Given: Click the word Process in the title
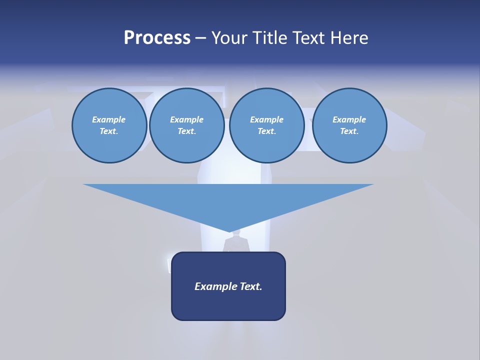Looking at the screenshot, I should (x=157, y=38).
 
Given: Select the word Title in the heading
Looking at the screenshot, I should (x=270, y=38).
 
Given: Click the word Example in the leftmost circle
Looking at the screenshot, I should (x=109, y=119).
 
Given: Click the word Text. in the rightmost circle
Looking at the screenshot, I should (x=349, y=131).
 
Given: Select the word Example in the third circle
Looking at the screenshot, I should (x=267, y=119).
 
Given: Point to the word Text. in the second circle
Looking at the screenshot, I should (x=187, y=131).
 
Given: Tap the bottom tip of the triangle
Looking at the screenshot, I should (x=229, y=231).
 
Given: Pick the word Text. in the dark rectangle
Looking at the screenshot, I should (x=251, y=286).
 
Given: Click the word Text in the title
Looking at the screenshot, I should (x=307, y=38).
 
